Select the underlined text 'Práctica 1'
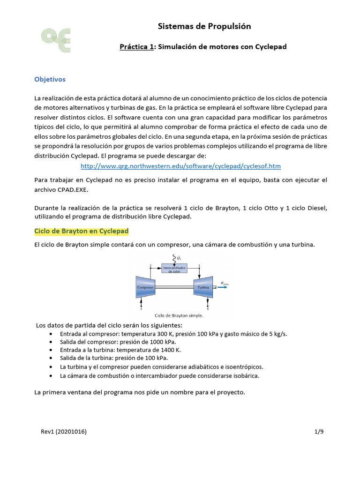point(138,47)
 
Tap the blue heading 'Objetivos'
point(50,79)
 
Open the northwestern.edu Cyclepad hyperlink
point(181,166)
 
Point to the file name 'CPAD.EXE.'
point(73,189)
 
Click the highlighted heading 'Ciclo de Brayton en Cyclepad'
point(82,232)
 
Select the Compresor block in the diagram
point(145,286)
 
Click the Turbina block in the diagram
point(203,286)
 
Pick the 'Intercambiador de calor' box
point(174,269)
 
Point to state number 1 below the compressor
point(141,309)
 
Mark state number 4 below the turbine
point(207,309)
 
